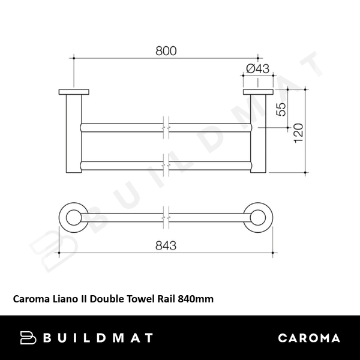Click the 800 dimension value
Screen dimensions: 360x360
point(167,51)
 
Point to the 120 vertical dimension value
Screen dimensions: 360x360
point(298,131)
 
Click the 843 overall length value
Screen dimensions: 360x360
point(167,246)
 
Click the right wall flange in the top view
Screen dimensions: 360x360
point(259,92)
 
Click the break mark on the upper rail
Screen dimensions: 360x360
point(167,127)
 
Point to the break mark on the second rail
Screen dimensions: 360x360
point(167,164)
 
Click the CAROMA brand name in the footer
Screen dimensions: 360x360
point(309,338)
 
